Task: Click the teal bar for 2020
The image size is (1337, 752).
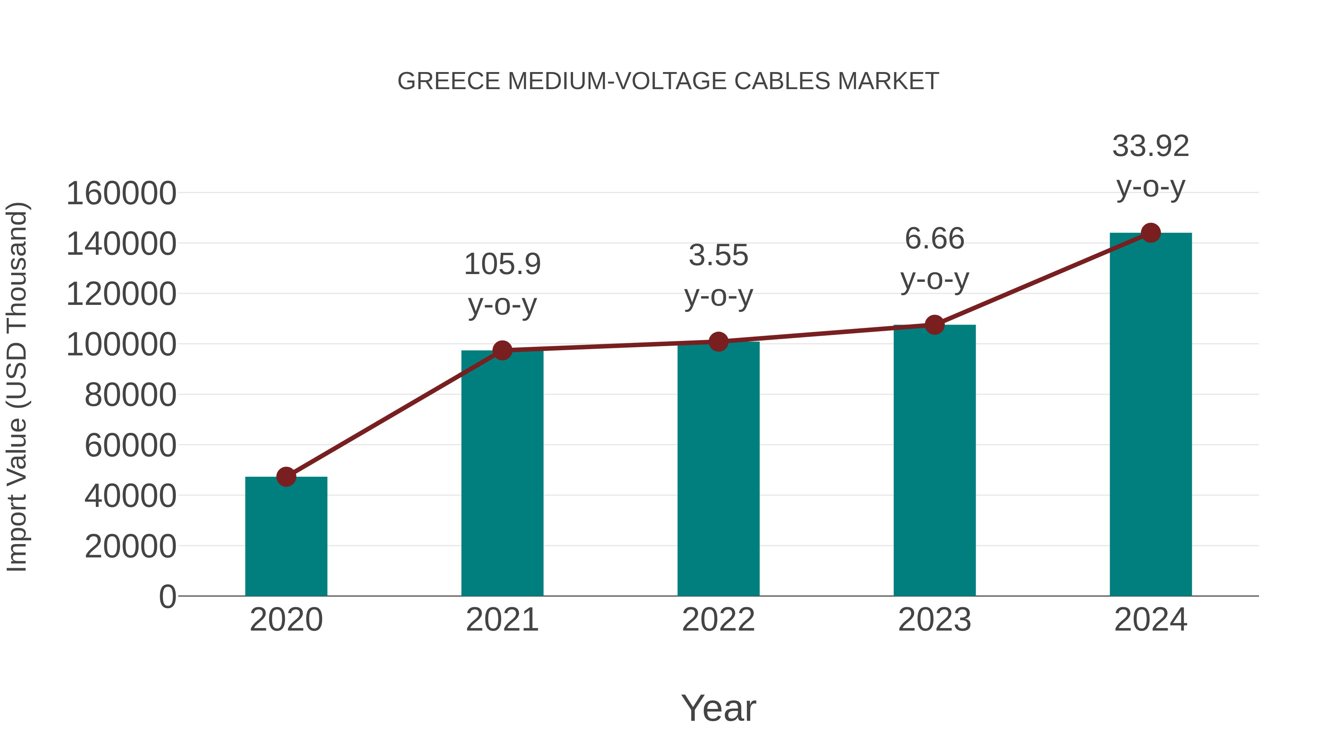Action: click(x=286, y=537)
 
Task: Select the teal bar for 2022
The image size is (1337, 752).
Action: click(x=718, y=470)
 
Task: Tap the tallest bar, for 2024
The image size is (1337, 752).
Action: click(x=1151, y=415)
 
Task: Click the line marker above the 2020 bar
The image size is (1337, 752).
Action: click(x=286, y=476)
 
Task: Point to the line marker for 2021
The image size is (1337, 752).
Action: click(x=502, y=350)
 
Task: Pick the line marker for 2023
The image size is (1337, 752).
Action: click(x=934, y=325)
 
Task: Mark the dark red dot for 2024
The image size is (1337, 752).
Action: click(x=1151, y=233)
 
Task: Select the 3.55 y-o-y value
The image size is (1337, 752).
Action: click(x=718, y=256)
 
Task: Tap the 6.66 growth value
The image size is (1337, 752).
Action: click(x=934, y=239)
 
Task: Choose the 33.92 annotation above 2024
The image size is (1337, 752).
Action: click(x=1151, y=146)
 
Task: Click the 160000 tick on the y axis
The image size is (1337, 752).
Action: click(x=121, y=193)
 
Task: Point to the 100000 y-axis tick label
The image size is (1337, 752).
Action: click(x=121, y=345)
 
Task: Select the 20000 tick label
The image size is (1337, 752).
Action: click(x=130, y=547)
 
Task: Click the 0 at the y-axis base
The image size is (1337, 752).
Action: click(x=167, y=597)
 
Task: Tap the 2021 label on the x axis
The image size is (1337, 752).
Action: click(x=502, y=620)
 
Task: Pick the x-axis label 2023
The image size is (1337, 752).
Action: click(x=934, y=620)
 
